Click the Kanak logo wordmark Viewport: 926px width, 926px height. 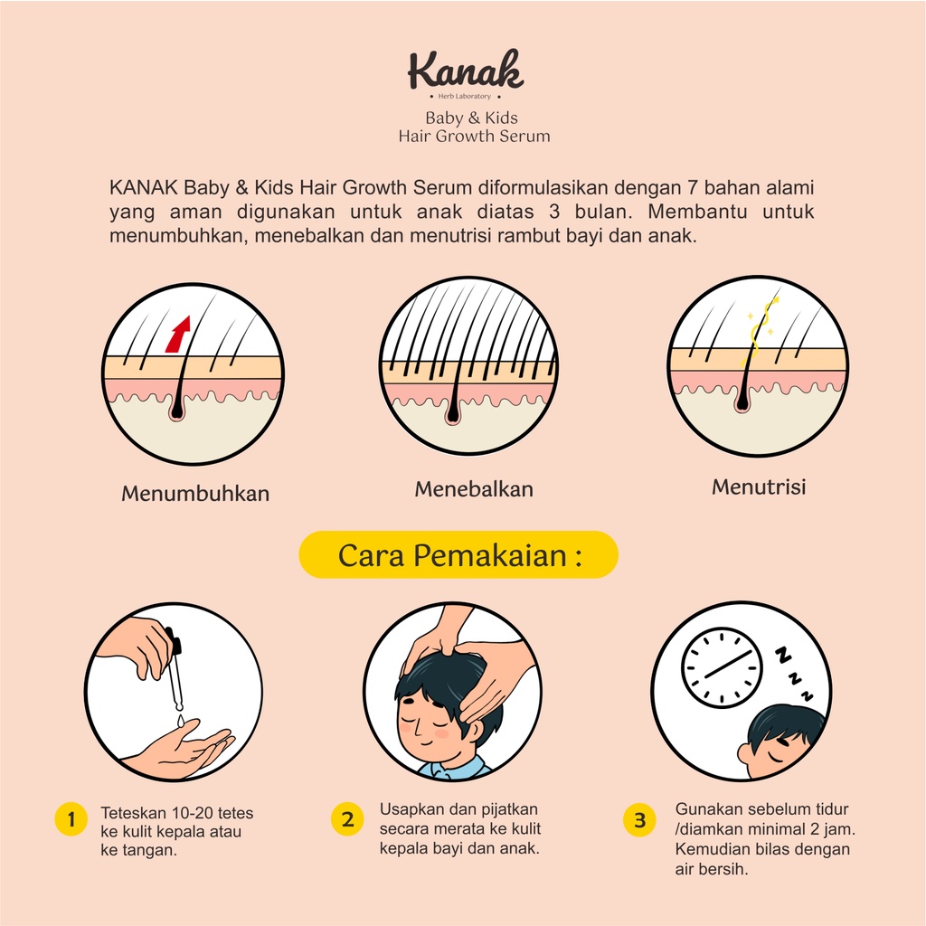(465, 71)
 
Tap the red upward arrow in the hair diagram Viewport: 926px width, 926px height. (179, 334)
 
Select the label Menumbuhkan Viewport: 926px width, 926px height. (195, 494)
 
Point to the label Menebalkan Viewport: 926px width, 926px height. (474, 489)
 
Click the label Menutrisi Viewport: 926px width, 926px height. (758, 487)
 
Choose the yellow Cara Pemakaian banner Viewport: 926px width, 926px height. (458, 554)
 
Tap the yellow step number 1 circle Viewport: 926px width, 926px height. (71, 820)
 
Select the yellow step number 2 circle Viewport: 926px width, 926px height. (347, 820)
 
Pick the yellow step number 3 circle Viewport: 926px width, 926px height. (639, 820)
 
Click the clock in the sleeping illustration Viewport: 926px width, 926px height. (721, 668)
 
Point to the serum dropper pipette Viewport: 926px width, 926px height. (175, 674)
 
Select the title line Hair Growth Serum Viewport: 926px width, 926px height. (474, 136)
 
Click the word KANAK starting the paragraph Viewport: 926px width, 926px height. (143, 188)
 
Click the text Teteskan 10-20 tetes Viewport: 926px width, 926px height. (177, 813)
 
